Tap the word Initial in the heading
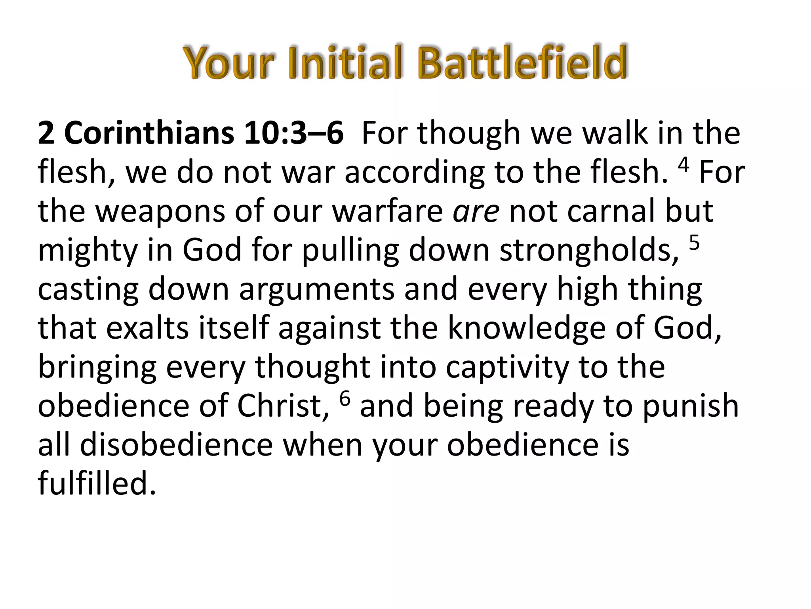(x=345, y=63)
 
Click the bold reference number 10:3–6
(x=293, y=133)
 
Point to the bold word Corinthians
(x=149, y=133)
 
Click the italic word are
(x=476, y=212)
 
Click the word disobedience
(x=177, y=445)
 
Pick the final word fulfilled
(x=97, y=484)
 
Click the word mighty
(x=87, y=251)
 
